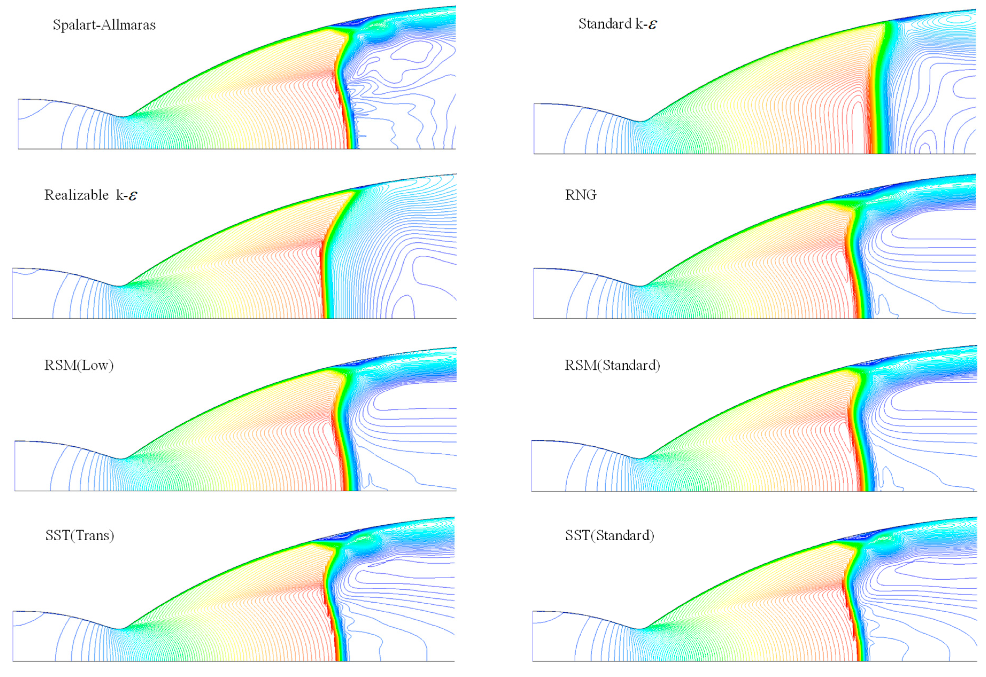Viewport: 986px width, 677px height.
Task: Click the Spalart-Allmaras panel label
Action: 104,25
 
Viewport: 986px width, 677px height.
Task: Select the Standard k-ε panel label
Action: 617,24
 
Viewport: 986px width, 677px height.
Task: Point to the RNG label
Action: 580,195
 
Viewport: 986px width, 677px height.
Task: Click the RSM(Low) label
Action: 79,365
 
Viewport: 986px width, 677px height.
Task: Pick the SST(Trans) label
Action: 80,535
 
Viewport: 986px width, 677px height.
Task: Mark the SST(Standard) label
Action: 609,535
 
